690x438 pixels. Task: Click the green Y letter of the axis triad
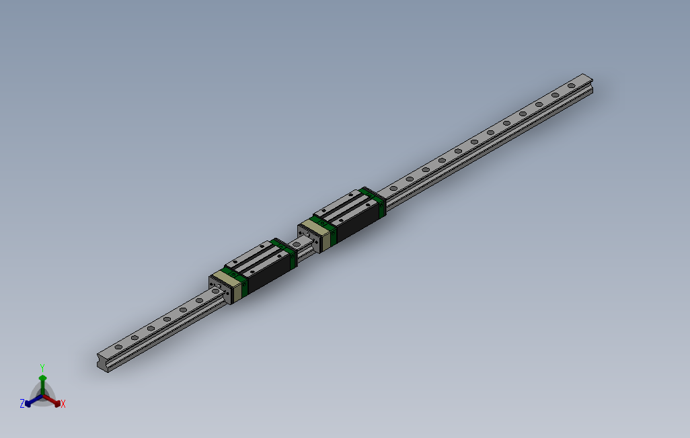[x=42, y=367]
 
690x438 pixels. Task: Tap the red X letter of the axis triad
[x=63, y=404]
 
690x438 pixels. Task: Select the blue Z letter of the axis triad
[x=22, y=403]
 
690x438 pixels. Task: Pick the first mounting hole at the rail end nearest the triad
[x=119, y=346]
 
